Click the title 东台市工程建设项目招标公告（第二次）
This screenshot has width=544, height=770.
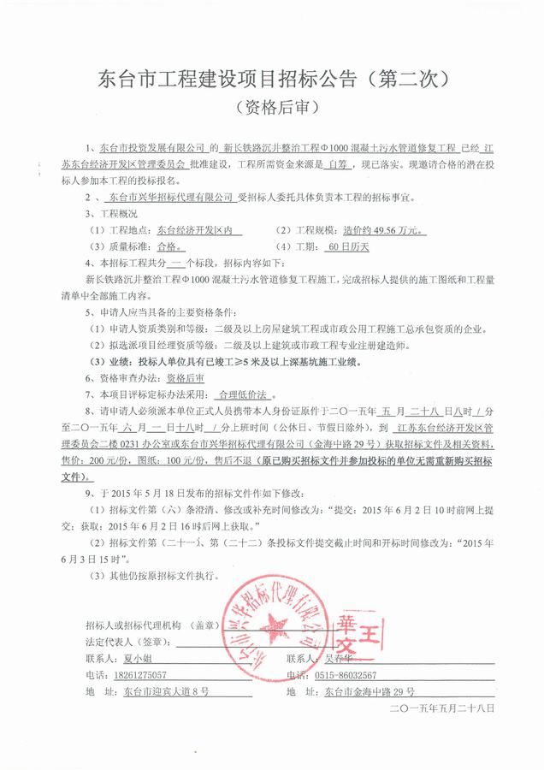tap(271, 82)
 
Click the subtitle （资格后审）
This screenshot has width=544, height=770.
tap(271, 110)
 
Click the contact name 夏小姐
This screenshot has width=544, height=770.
tap(130, 659)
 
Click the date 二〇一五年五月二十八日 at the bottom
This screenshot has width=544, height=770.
tap(442, 709)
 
